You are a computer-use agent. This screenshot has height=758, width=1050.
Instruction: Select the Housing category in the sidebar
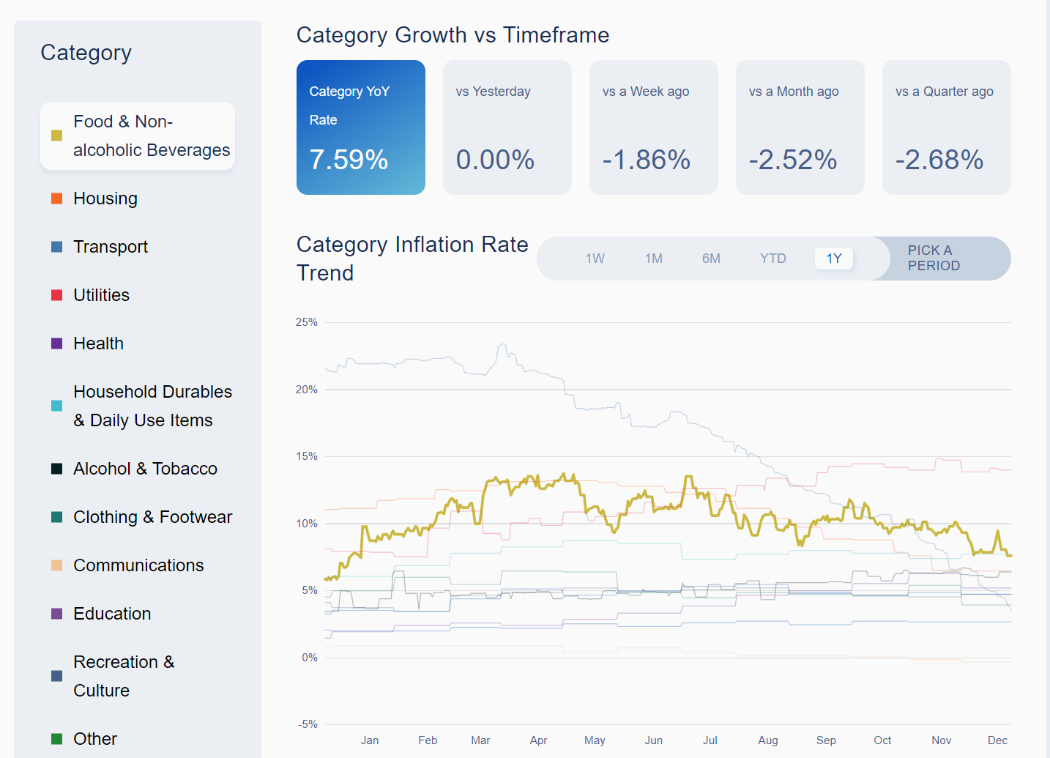tap(105, 198)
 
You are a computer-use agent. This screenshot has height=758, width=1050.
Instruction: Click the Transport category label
tap(110, 247)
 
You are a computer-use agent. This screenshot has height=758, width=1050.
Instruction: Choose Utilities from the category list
tap(101, 295)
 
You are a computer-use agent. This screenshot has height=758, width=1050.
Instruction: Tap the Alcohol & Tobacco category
tap(145, 469)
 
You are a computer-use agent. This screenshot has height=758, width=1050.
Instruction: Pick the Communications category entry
tap(138, 565)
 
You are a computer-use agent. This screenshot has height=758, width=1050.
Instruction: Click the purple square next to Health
tap(56, 343)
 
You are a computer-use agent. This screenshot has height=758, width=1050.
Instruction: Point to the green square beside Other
tap(56, 739)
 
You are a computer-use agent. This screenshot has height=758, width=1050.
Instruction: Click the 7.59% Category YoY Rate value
tap(349, 160)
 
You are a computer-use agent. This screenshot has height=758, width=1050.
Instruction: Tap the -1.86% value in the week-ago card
tap(646, 160)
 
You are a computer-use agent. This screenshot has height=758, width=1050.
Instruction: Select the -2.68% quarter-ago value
tap(939, 160)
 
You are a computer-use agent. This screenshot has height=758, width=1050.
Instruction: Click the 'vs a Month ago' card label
tap(794, 92)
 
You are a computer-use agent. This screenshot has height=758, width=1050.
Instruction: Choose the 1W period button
tap(595, 259)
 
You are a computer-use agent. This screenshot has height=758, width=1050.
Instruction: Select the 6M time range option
tap(711, 259)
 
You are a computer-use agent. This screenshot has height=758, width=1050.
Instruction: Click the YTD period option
tap(772, 259)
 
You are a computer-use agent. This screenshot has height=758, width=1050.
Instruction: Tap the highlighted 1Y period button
tap(834, 259)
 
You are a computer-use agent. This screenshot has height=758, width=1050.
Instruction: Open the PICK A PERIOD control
tap(934, 259)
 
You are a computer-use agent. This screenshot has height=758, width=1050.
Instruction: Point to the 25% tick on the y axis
tap(307, 322)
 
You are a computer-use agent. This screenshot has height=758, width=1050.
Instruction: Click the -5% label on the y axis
tap(308, 724)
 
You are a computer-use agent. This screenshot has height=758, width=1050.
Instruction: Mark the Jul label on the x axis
tap(710, 740)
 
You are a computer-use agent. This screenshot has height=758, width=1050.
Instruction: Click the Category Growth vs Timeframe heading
tap(453, 35)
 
